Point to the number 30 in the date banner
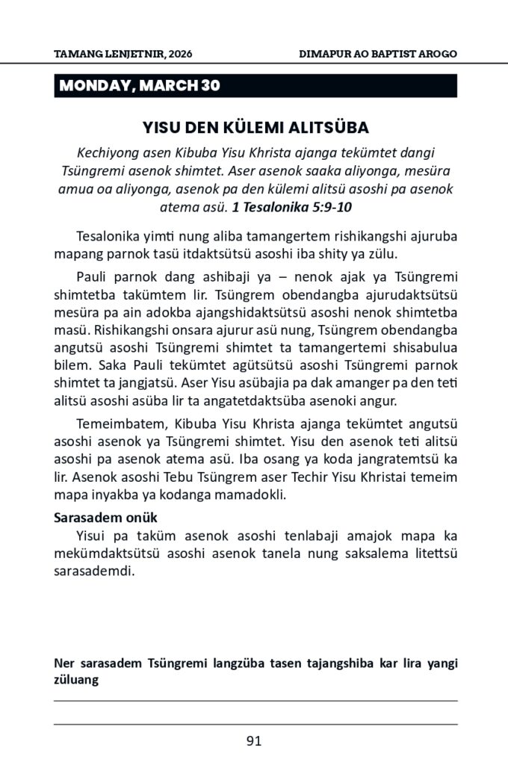tap(211, 86)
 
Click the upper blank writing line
tap(255, 701)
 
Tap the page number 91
tap(254, 741)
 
